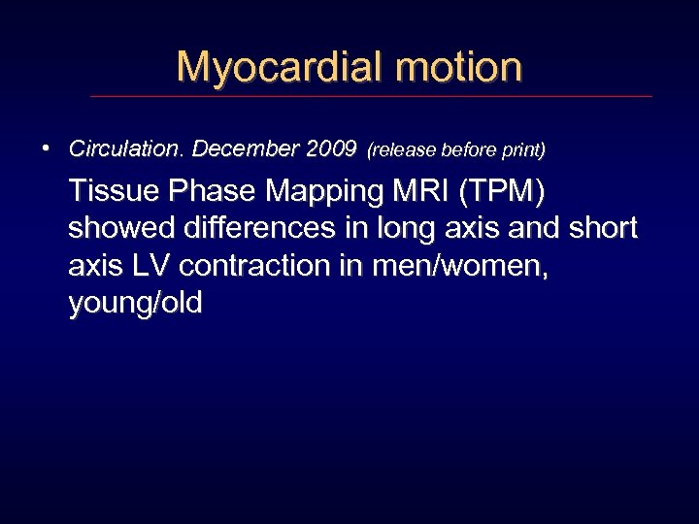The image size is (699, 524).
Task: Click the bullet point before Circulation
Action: tap(46, 148)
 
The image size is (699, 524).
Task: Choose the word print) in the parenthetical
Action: tap(523, 150)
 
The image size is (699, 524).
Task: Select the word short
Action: tap(603, 229)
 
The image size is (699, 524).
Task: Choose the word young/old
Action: tap(136, 304)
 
